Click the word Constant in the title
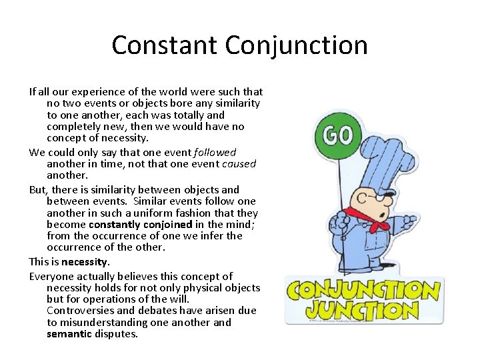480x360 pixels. (x=165, y=45)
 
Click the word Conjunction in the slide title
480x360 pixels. (x=296, y=45)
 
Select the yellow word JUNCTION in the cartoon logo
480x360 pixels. (x=363, y=309)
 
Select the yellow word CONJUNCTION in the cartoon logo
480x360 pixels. (x=363, y=290)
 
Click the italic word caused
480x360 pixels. (x=238, y=164)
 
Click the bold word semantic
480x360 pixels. (x=69, y=334)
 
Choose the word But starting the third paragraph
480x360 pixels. (x=38, y=189)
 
